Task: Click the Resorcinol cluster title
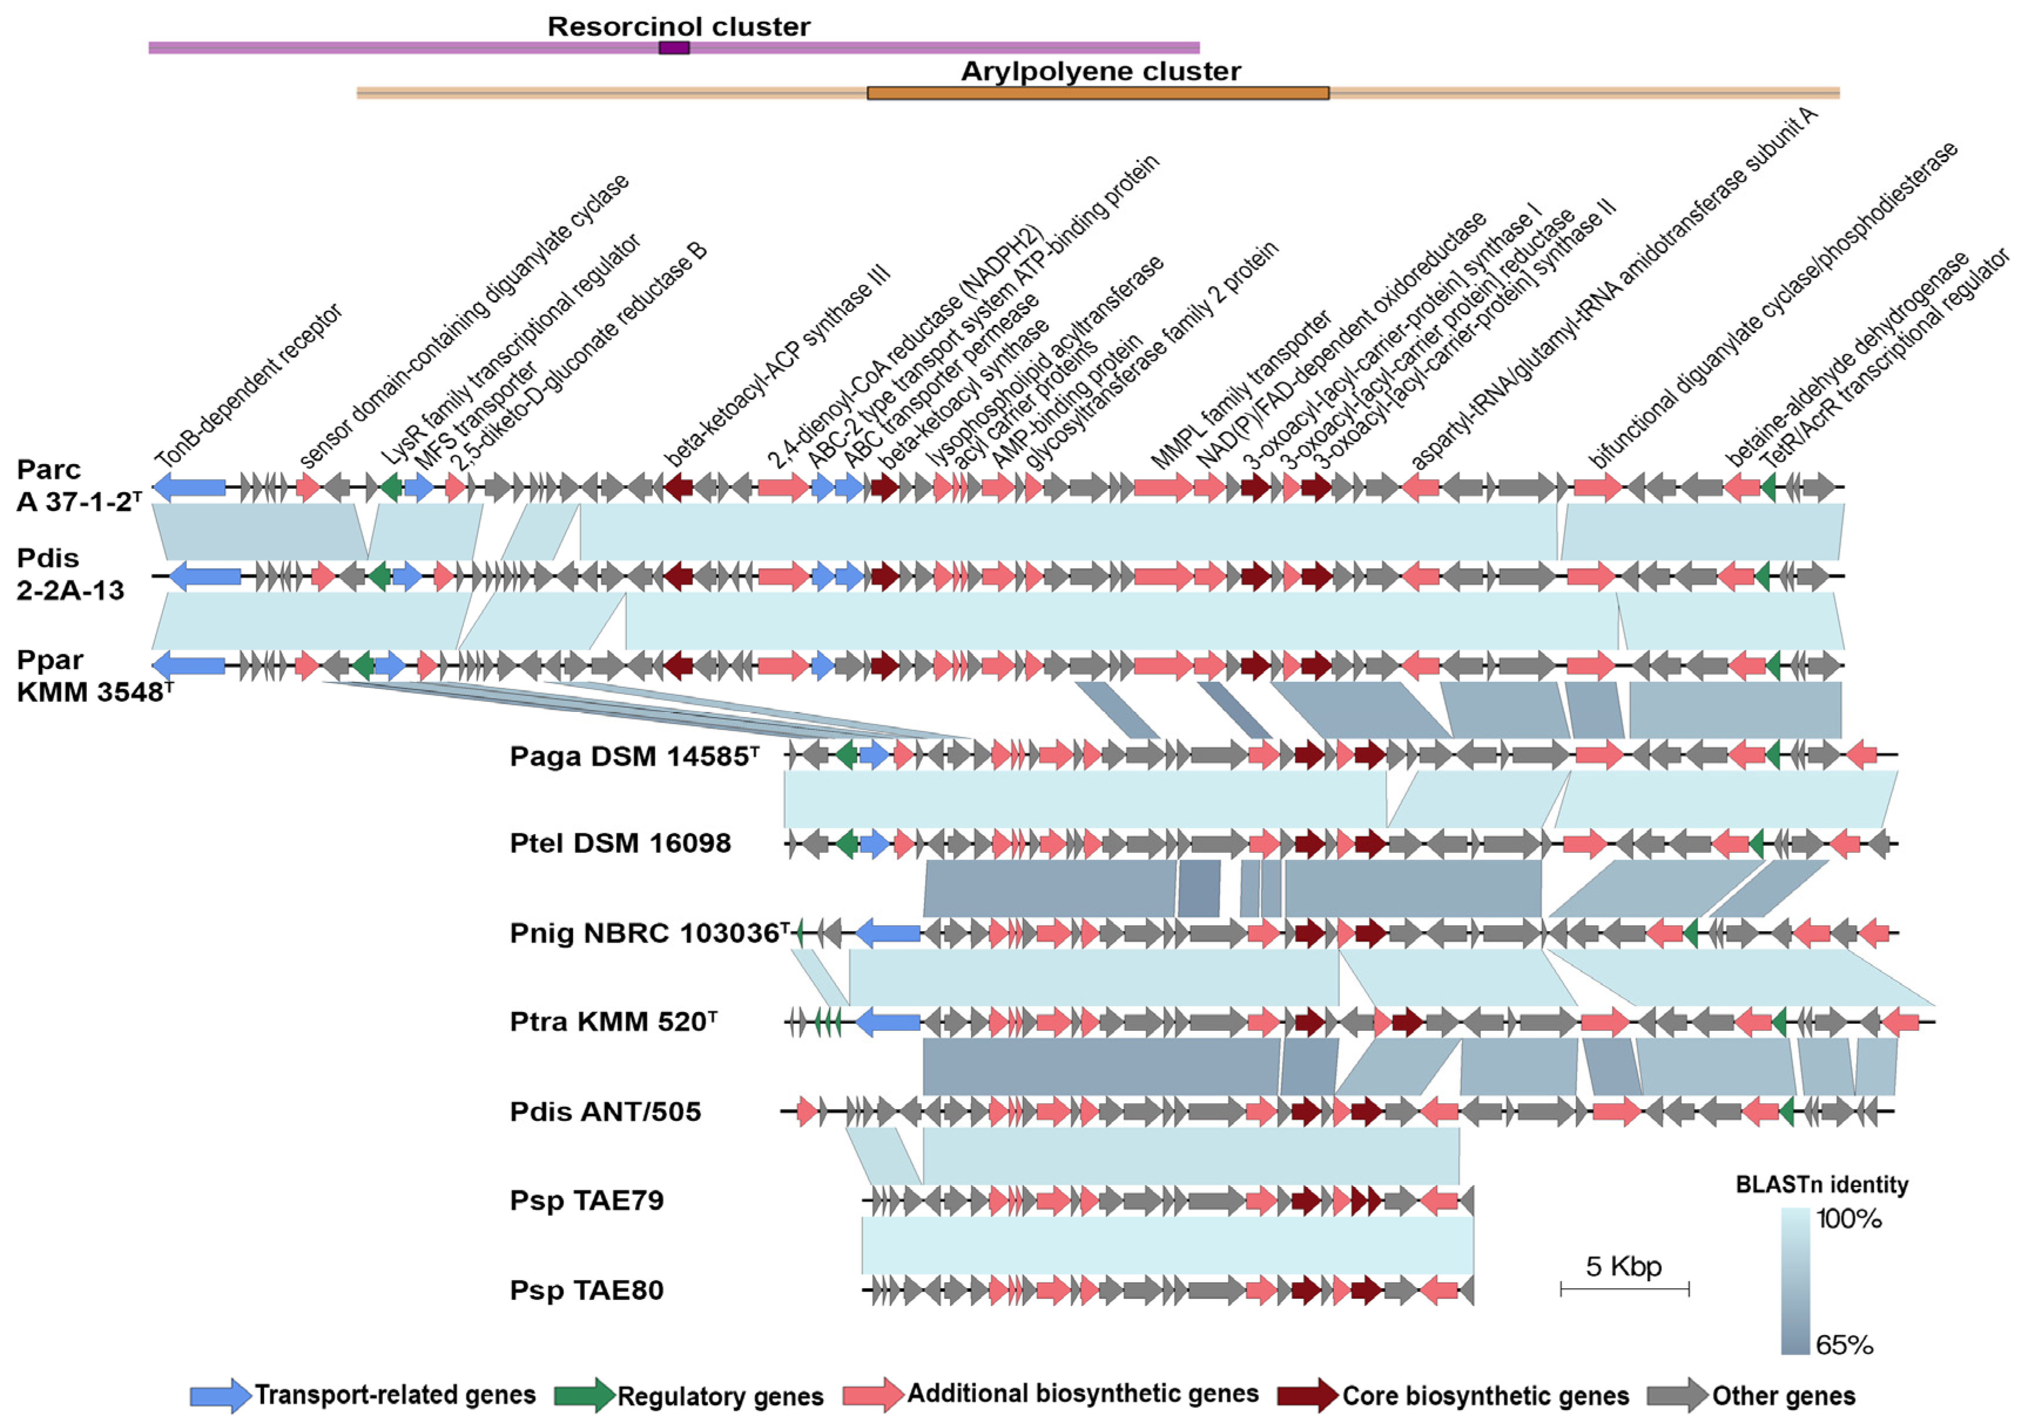[x=678, y=26]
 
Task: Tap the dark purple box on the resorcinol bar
[x=674, y=48]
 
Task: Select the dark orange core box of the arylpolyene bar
[x=1097, y=93]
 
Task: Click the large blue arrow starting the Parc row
[x=189, y=486]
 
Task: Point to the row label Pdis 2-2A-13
[x=70, y=574]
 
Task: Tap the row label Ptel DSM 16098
[x=619, y=844]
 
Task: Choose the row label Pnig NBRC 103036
[x=648, y=933]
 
